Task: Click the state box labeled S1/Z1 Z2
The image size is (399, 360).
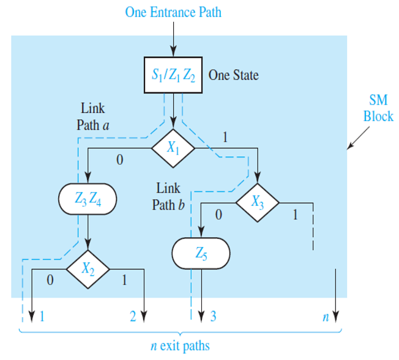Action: click(174, 76)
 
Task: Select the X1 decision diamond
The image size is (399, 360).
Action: click(173, 147)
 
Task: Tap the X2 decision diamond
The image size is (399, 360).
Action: click(88, 268)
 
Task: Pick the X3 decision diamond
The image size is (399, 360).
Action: click(258, 202)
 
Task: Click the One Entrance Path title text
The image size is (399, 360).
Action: click(173, 12)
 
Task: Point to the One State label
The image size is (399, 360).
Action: click(233, 76)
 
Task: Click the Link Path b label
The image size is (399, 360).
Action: click(168, 197)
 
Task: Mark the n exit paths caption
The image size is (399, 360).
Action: click(180, 346)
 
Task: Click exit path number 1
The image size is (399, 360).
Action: click(42, 317)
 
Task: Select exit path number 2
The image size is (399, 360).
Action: click(132, 317)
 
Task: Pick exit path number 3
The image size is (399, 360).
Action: click(213, 317)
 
